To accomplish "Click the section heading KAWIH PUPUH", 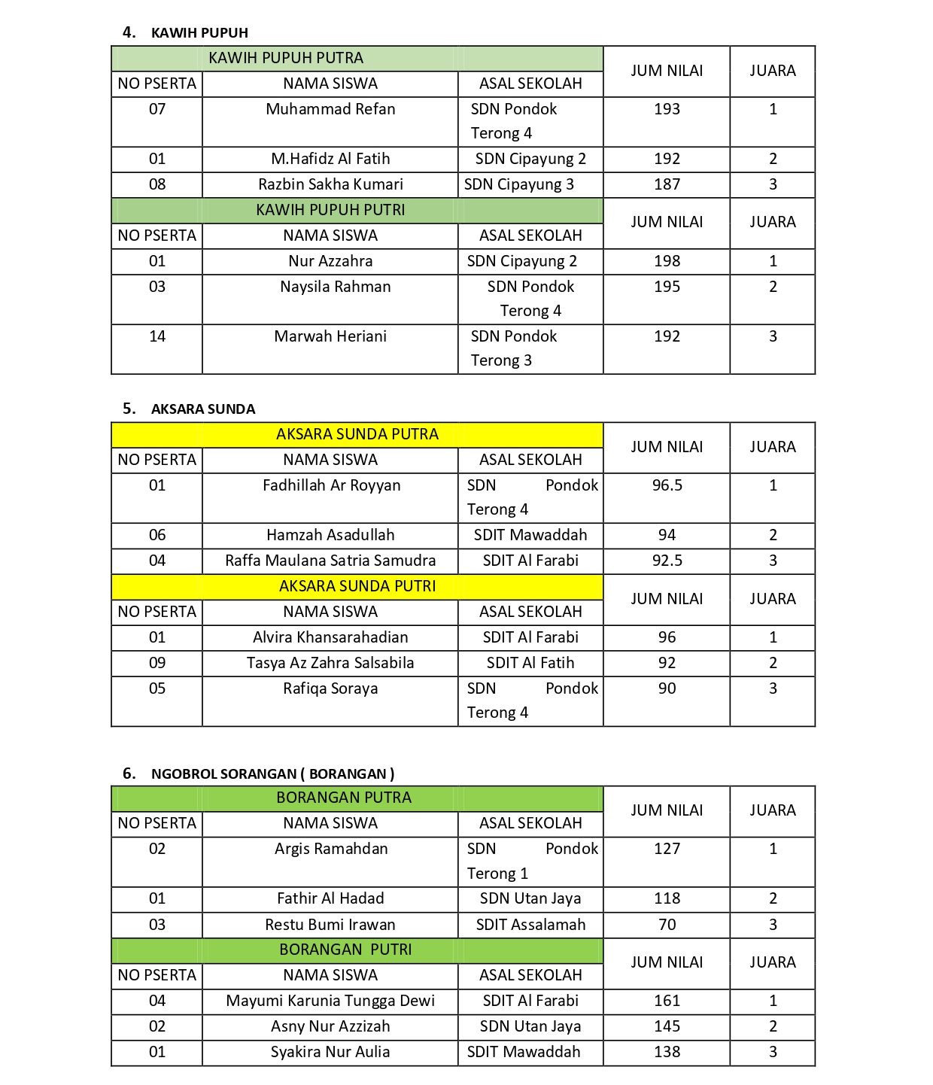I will click(199, 33).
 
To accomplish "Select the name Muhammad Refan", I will click(330, 109).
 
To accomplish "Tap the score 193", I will click(667, 109).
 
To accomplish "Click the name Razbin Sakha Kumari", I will click(330, 184).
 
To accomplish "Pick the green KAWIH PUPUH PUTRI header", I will click(330, 210).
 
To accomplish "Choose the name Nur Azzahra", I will click(330, 261).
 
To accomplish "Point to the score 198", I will click(667, 261).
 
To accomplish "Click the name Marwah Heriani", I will click(330, 336).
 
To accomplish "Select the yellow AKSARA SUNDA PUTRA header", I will click(357, 434).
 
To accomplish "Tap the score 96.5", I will click(667, 485).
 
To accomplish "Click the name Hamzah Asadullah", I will click(330, 535).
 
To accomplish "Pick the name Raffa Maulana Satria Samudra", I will click(330, 561).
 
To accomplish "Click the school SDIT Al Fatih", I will click(530, 663).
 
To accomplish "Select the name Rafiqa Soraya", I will click(330, 688).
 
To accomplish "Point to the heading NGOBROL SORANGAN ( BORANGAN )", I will click(272, 773).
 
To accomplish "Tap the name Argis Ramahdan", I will click(331, 849).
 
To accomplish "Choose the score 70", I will click(667, 925).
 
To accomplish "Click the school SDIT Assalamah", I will click(530, 925).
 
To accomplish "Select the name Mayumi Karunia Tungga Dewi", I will click(330, 1001).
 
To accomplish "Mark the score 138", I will click(667, 1052).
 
